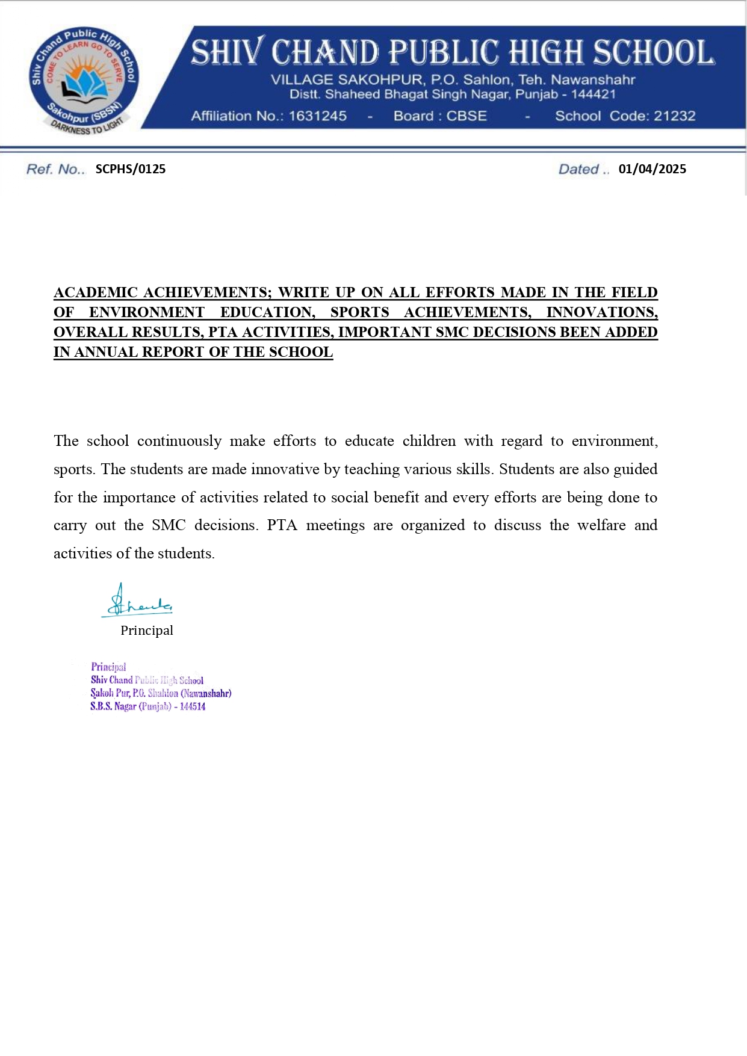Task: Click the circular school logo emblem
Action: (84, 81)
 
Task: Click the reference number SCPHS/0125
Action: (130, 169)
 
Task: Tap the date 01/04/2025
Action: (652, 169)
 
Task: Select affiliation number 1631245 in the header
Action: (317, 116)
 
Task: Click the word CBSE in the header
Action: (466, 116)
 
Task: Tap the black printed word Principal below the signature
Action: (146, 631)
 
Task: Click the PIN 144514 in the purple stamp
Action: (192, 707)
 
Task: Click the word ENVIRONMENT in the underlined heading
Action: (147, 313)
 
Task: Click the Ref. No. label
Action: (55, 169)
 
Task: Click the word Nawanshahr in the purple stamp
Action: (206, 694)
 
